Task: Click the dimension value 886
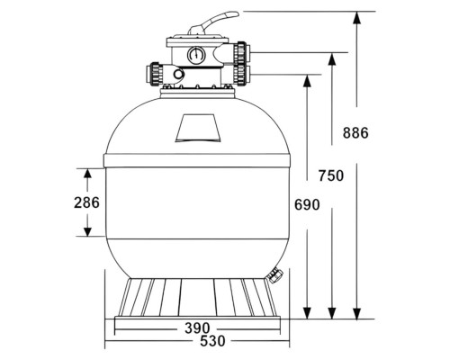[355, 133]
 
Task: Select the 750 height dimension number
[331, 175]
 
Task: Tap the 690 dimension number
[307, 205]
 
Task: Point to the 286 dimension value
[86, 202]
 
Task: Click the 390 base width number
[197, 328]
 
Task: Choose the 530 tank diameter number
[212, 341]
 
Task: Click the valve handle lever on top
[213, 22]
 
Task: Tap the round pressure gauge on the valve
[196, 55]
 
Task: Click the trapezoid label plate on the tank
[198, 128]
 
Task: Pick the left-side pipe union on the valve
[155, 75]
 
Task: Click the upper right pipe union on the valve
[241, 53]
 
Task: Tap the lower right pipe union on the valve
[241, 75]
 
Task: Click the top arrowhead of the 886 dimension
[356, 17]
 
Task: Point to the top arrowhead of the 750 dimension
[331, 58]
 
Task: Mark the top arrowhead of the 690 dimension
[307, 80]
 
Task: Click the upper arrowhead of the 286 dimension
[87, 174]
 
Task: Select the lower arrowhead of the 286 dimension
[87, 231]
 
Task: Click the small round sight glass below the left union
[178, 74]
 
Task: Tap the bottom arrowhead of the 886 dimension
[356, 313]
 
